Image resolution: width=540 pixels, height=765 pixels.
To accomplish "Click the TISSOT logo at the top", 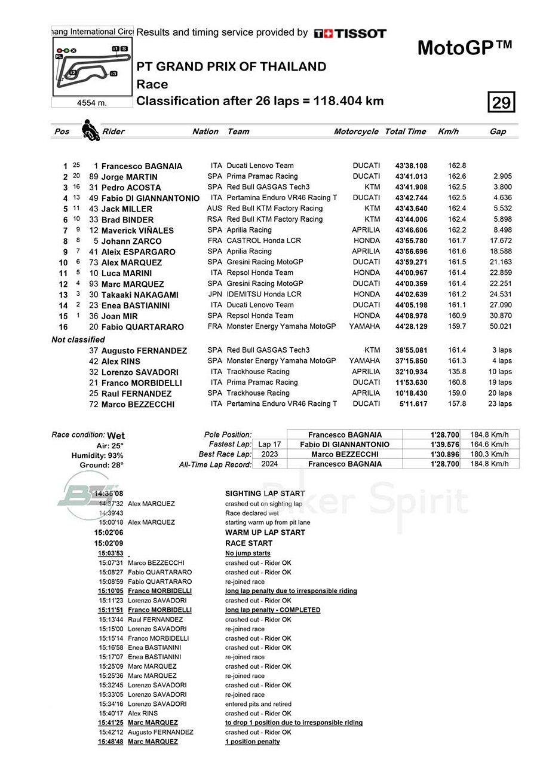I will click(x=350, y=33).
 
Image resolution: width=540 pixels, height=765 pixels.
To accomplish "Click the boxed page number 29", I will click(x=501, y=103).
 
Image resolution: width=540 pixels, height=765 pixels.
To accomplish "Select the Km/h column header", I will click(x=448, y=131).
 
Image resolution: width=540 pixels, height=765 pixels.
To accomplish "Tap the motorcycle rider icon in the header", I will click(x=90, y=130).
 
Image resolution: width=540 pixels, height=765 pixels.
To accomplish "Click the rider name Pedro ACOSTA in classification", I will click(x=131, y=188).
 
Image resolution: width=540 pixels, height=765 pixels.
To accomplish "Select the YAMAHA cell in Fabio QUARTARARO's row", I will click(x=364, y=326).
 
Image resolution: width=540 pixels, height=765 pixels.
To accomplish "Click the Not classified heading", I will click(x=78, y=339).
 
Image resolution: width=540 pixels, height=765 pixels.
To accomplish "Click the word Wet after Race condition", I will click(x=116, y=436).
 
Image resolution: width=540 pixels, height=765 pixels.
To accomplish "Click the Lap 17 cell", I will click(x=269, y=445).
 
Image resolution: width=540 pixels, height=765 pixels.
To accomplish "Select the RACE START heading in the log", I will click(x=248, y=543).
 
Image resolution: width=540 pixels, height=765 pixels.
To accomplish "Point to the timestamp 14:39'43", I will click(x=111, y=513).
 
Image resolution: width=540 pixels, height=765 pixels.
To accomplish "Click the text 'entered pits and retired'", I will click(x=258, y=704).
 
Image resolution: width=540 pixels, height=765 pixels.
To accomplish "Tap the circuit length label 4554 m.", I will click(x=92, y=103).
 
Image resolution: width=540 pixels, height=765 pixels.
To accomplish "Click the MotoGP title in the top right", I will click(x=464, y=48).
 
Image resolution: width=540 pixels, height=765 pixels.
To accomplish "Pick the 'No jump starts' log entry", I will click(x=247, y=553).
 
